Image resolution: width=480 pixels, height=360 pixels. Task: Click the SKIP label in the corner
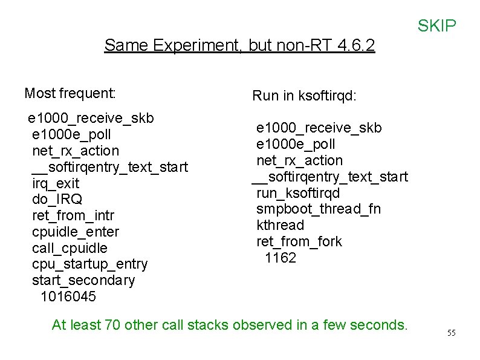[x=436, y=26]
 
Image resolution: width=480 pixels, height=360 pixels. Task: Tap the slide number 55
[x=451, y=333]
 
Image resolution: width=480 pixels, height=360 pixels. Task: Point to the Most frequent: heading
[x=70, y=93]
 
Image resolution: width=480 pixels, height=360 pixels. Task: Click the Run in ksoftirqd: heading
[x=303, y=95]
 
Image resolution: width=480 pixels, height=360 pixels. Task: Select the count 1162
[x=281, y=258]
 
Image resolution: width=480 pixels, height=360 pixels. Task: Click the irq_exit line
[x=56, y=183]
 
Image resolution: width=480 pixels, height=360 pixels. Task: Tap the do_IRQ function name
[x=57, y=199]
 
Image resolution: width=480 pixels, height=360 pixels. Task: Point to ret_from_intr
[x=73, y=215]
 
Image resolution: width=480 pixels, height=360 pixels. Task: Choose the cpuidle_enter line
[x=76, y=232]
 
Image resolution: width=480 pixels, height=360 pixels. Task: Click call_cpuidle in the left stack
[x=70, y=248]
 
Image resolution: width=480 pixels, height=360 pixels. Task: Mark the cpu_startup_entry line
[x=89, y=264]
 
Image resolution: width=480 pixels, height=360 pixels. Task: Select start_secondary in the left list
[x=83, y=280]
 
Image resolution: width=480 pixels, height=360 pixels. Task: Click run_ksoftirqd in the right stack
[x=298, y=193]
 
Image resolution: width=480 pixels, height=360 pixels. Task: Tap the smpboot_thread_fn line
[x=319, y=209]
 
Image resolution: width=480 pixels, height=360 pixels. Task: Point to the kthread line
[x=280, y=225]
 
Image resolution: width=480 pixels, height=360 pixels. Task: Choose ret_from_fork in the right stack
[x=299, y=241]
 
